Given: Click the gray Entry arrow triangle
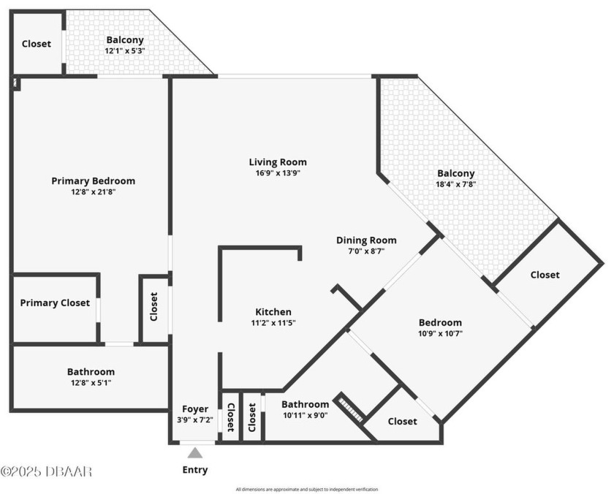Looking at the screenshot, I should [195, 453].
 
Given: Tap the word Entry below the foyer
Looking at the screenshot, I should [195, 470].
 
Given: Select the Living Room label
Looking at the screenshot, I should [278, 162].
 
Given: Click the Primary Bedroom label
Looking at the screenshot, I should [93, 181].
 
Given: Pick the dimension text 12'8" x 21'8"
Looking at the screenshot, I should [93, 192].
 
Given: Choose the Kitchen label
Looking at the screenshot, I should [273, 312].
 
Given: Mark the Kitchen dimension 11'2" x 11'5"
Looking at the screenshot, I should [273, 322].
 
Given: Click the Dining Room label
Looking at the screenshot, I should [366, 240].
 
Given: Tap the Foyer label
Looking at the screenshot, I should [195, 409].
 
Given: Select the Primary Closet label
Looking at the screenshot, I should [55, 303].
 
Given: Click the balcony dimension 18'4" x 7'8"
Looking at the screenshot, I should [456, 185].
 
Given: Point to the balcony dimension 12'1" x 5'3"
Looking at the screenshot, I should [125, 51].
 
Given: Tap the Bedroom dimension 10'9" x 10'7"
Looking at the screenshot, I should [440, 333].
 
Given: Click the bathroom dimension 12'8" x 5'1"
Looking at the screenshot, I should [91, 382].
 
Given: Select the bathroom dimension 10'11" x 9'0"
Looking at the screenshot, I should [305, 415].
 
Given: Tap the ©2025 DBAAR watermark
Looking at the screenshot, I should [46, 471].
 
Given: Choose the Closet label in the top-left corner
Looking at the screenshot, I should [37, 44].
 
